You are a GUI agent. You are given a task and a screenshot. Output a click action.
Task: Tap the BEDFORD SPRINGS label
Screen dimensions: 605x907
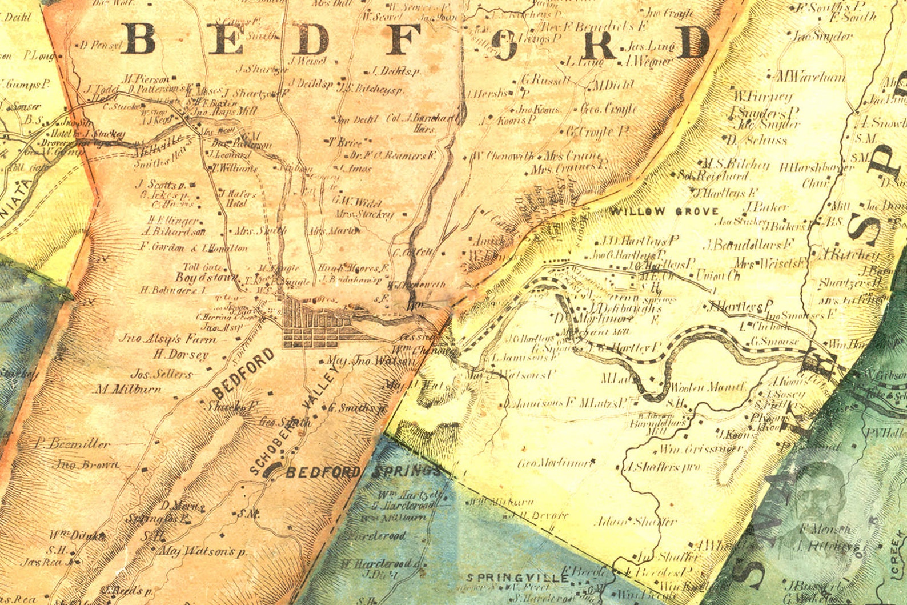[363, 472]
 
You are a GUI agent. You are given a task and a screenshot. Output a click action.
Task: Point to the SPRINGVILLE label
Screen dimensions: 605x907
[517, 578]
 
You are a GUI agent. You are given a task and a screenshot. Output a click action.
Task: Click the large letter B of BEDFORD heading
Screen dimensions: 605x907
[140, 39]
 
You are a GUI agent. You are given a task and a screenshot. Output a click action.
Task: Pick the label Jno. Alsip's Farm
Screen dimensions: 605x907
[167, 339]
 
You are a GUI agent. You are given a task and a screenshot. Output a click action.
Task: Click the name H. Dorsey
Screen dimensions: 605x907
[180, 355]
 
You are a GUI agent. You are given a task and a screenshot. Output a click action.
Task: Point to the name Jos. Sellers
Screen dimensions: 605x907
[162, 375]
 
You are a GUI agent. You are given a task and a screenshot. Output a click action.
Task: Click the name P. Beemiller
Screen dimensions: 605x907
[72, 443]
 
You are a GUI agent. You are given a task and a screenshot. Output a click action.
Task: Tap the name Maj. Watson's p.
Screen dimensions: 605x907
[203, 552]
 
